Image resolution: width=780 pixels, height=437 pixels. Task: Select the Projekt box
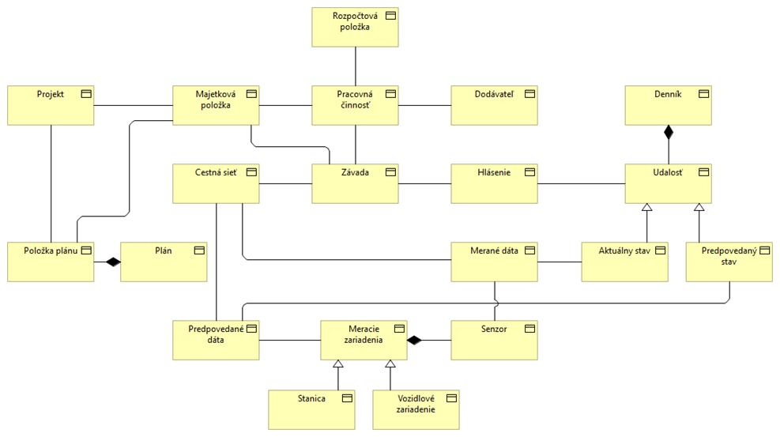pyautogui.click(x=51, y=105)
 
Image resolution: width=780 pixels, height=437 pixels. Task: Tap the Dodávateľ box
pyautogui.click(x=494, y=105)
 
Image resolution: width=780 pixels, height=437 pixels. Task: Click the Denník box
pyautogui.click(x=668, y=105)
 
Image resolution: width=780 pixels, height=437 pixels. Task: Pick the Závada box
pyautogui.click(x=355, y=183)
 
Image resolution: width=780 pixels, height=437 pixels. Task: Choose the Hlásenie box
pyautogui.click(x=494, y=183)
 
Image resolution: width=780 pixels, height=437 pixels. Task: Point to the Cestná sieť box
pyautogui.click(x=216, y=183)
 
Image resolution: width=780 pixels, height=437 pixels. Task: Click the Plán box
pyautogui.click(x=164, y=262)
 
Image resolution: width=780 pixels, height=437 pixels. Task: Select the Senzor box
pyautogui.click(x=494, y=340)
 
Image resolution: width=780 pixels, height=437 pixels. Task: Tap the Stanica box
pyautogui.click(x=311, y=409)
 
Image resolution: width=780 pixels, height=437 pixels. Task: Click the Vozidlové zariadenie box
pyautogui.click(x=416, y=409)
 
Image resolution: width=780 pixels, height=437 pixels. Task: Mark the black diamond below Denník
pyautogui.click(x=669, y=132)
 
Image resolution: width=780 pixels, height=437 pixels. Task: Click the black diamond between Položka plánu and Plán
pyautogui.click(x=113, y=262)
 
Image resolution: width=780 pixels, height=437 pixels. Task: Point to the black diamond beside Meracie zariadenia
pyautogui.click(x=415, y=340)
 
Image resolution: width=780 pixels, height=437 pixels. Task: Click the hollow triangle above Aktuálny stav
pyautogui.click(x=646, y=208)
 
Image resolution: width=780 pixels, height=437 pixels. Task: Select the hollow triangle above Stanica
pyautogui.click(x=337, y=364)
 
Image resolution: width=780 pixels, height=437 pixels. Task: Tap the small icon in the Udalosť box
pyautogui.click(x=703, y=172)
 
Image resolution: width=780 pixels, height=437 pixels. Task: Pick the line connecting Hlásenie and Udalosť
pyautogui.click(x=581, y=183)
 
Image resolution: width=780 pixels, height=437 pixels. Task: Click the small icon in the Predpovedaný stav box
pyautogui.click(x=763, y=251)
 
